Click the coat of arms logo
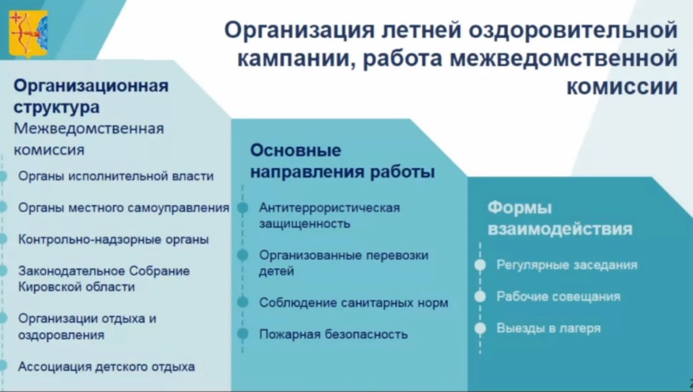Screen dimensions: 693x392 click(29, 34)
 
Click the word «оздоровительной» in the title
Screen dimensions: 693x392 click(573, 30)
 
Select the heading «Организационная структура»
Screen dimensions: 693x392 click(91, 97)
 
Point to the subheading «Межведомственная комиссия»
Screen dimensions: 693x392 click(89, 139)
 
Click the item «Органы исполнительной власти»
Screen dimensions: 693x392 click(116, 176)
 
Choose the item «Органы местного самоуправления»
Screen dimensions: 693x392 click(124, 208)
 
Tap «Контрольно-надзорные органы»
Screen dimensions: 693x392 click(114, 239)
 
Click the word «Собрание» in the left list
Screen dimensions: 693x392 click(159, 271)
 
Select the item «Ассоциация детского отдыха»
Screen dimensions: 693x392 click(107, 367)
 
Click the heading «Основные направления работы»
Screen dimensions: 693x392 click(343, 161)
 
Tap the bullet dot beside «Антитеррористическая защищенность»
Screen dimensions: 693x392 click(243, 208)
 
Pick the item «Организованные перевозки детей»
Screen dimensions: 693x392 click(344, 263)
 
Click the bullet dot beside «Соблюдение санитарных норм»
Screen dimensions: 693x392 click(243, 303)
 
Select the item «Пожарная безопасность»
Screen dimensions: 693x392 click(333, 335)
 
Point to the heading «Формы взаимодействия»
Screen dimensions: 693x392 click(560, 219)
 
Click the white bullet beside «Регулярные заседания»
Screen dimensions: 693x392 click(480, 265)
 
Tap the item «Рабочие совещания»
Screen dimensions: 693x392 click(558, 297)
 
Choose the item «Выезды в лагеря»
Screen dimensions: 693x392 click(548, 328)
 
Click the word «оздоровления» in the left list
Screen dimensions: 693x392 click(61, 335)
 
